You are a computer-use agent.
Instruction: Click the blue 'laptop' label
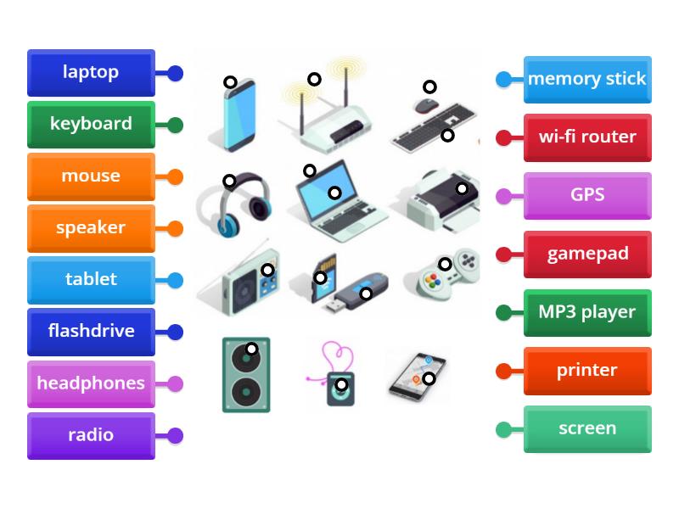91,73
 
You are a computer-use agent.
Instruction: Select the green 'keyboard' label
91,125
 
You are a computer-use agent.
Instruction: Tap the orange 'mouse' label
91,176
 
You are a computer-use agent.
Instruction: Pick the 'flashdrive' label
91,332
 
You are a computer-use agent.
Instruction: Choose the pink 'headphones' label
91,383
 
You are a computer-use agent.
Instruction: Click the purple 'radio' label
91,435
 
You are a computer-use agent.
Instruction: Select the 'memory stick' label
587,80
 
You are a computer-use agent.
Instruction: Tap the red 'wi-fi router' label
587,137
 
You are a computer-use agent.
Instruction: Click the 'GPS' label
587,196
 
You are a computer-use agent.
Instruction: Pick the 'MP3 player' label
587,312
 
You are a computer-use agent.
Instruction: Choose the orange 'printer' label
587,371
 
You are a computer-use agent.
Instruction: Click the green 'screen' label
587,428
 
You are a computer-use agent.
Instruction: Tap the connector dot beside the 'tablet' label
175,280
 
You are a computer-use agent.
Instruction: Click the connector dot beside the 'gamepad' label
503,255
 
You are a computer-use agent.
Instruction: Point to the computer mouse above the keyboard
426,105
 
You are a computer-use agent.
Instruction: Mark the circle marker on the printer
462,188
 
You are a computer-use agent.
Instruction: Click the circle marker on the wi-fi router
314,79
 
